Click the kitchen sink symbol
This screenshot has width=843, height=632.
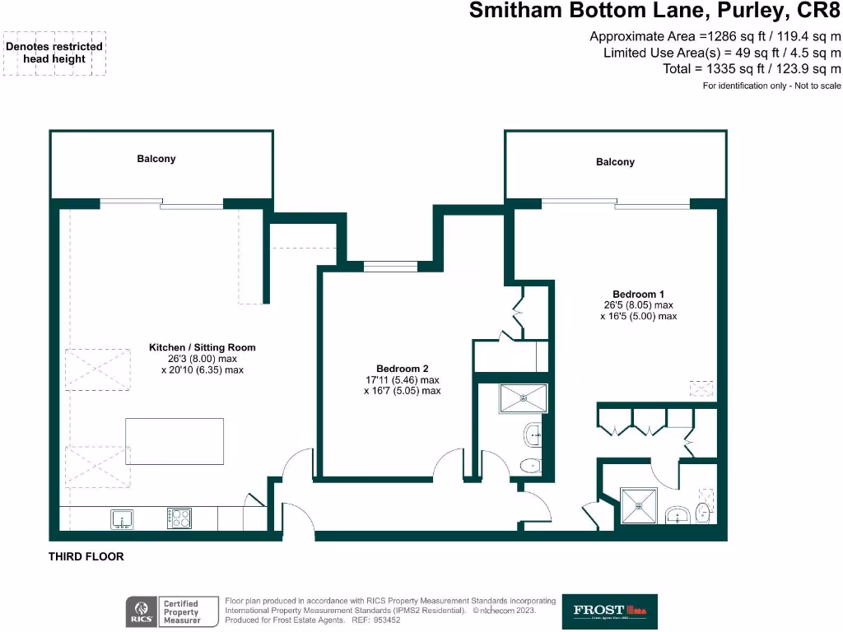coord(122,518)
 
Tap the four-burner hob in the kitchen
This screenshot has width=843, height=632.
coord(179,518)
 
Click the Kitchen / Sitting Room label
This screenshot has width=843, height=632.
coord(202,347)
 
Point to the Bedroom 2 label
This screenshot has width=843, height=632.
coord(402,369)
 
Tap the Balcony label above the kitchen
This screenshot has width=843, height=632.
coord(156,159)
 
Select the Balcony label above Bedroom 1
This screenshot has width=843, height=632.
coord(615,162)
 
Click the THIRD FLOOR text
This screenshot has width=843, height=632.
coord(86,557)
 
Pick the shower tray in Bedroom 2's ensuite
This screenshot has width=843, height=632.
coord(523,399)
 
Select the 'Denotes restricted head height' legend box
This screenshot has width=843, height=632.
coord(54,53)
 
